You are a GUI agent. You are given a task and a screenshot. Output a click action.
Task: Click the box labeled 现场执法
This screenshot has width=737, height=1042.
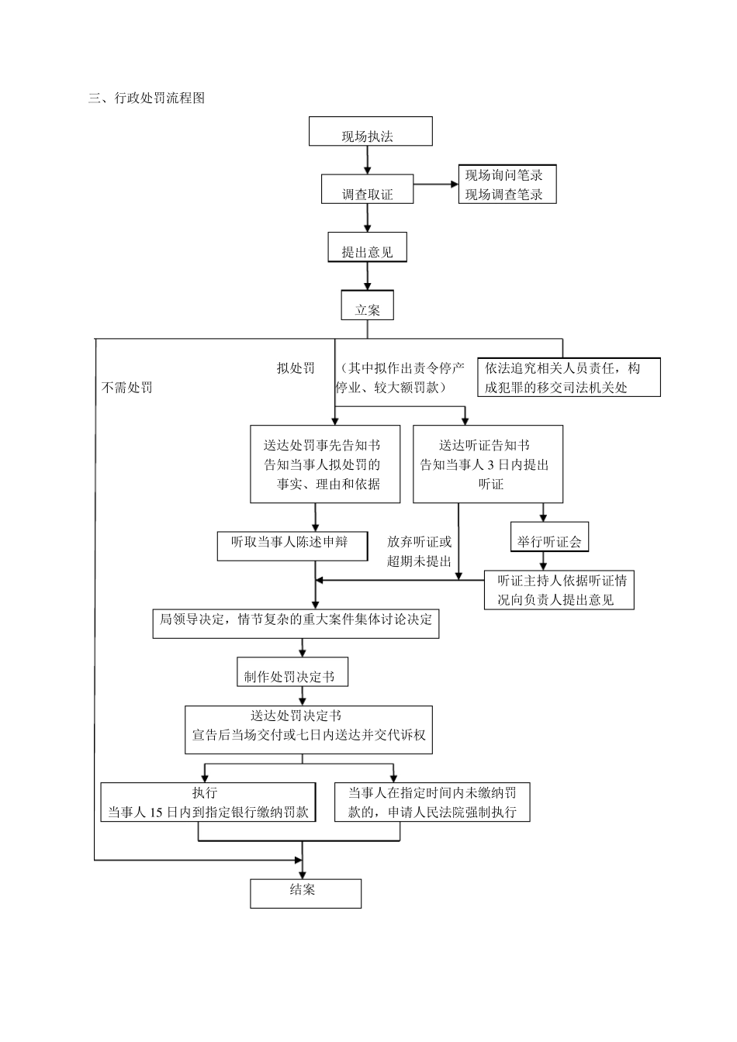[x=370, y=131]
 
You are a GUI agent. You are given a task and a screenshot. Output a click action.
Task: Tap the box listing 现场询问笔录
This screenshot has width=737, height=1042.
[x=507, y=185]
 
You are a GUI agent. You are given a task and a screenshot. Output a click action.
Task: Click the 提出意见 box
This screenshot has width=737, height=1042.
[x=367, y=248]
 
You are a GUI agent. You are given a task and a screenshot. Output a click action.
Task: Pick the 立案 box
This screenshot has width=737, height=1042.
[x=367, y=305]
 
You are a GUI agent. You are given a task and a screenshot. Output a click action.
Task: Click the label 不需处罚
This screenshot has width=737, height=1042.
[x=127, y=387]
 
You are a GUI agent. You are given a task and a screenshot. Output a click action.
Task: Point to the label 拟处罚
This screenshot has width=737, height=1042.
[x=296, y=367]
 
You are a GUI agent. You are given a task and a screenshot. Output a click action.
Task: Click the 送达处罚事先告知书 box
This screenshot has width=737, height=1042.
[x=325, y=464]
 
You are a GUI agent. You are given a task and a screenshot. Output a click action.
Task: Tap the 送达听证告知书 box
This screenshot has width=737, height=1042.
[x=487, y=464]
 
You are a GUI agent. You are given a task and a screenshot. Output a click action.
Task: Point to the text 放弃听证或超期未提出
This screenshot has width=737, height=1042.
[x=419, y=551]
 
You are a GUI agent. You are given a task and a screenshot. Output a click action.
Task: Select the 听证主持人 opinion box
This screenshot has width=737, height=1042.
[x=559, y=590]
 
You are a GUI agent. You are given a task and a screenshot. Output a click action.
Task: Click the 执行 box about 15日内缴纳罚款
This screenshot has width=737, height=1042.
[x=209, y=802]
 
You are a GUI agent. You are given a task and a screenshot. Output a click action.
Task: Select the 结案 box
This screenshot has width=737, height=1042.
[x=305, y=892]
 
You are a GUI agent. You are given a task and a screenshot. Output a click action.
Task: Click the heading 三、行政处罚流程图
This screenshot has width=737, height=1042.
[x=147, y=98]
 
